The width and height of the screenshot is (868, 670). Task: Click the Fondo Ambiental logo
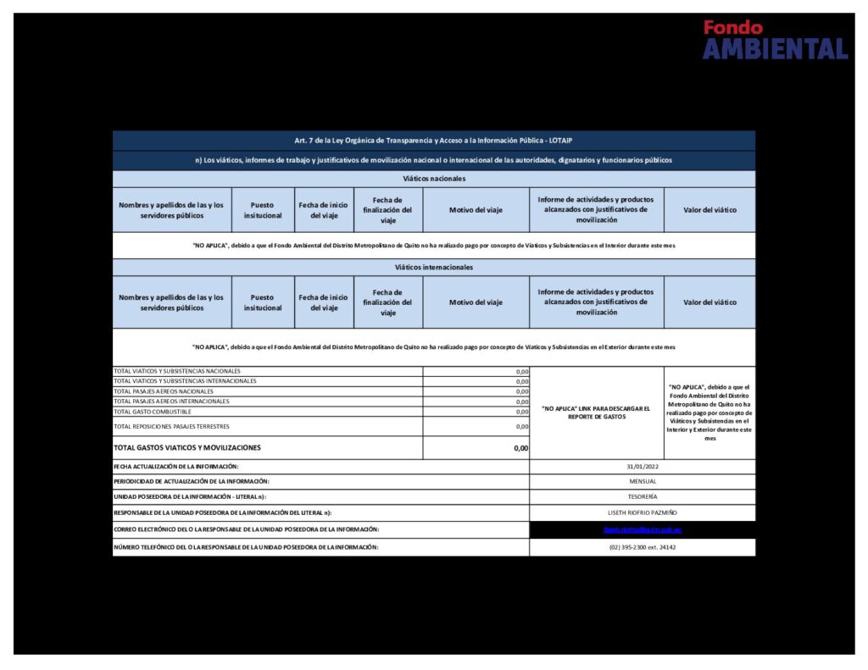pos(775,41)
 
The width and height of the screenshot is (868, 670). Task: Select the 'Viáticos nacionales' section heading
pos(434,179)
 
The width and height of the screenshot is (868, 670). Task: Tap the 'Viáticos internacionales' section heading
pos(434,267)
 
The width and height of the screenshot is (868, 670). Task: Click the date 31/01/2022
pos(642,467)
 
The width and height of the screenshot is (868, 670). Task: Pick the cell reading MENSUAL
pos(642,481)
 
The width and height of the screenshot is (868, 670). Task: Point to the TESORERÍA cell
pos(642,496)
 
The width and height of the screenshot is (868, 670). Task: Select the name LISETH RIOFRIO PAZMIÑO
pos(642,512)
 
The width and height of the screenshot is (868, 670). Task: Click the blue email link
pos(642,529)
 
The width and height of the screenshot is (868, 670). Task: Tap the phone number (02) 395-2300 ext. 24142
pos(642,547)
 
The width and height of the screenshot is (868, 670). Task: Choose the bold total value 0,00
pos(520,448)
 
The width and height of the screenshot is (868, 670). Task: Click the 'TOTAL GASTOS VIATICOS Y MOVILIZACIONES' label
pos(187,447)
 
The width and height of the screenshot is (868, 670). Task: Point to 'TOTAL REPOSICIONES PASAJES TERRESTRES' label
pos(171,426)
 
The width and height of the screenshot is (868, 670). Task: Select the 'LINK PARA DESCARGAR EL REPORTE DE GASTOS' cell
pos(596,413)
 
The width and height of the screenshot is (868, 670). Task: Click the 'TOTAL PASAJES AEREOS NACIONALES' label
pos(164,391)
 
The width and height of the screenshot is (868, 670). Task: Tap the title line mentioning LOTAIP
pos(434,141)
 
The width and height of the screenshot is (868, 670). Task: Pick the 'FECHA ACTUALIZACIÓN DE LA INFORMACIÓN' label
pos(176,467)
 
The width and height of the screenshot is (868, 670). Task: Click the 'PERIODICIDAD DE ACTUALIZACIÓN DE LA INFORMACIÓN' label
pos(192,481)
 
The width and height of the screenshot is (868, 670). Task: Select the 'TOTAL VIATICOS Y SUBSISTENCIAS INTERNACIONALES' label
pos(185,381)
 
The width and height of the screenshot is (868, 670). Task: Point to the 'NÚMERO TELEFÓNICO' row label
pos(246,547)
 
